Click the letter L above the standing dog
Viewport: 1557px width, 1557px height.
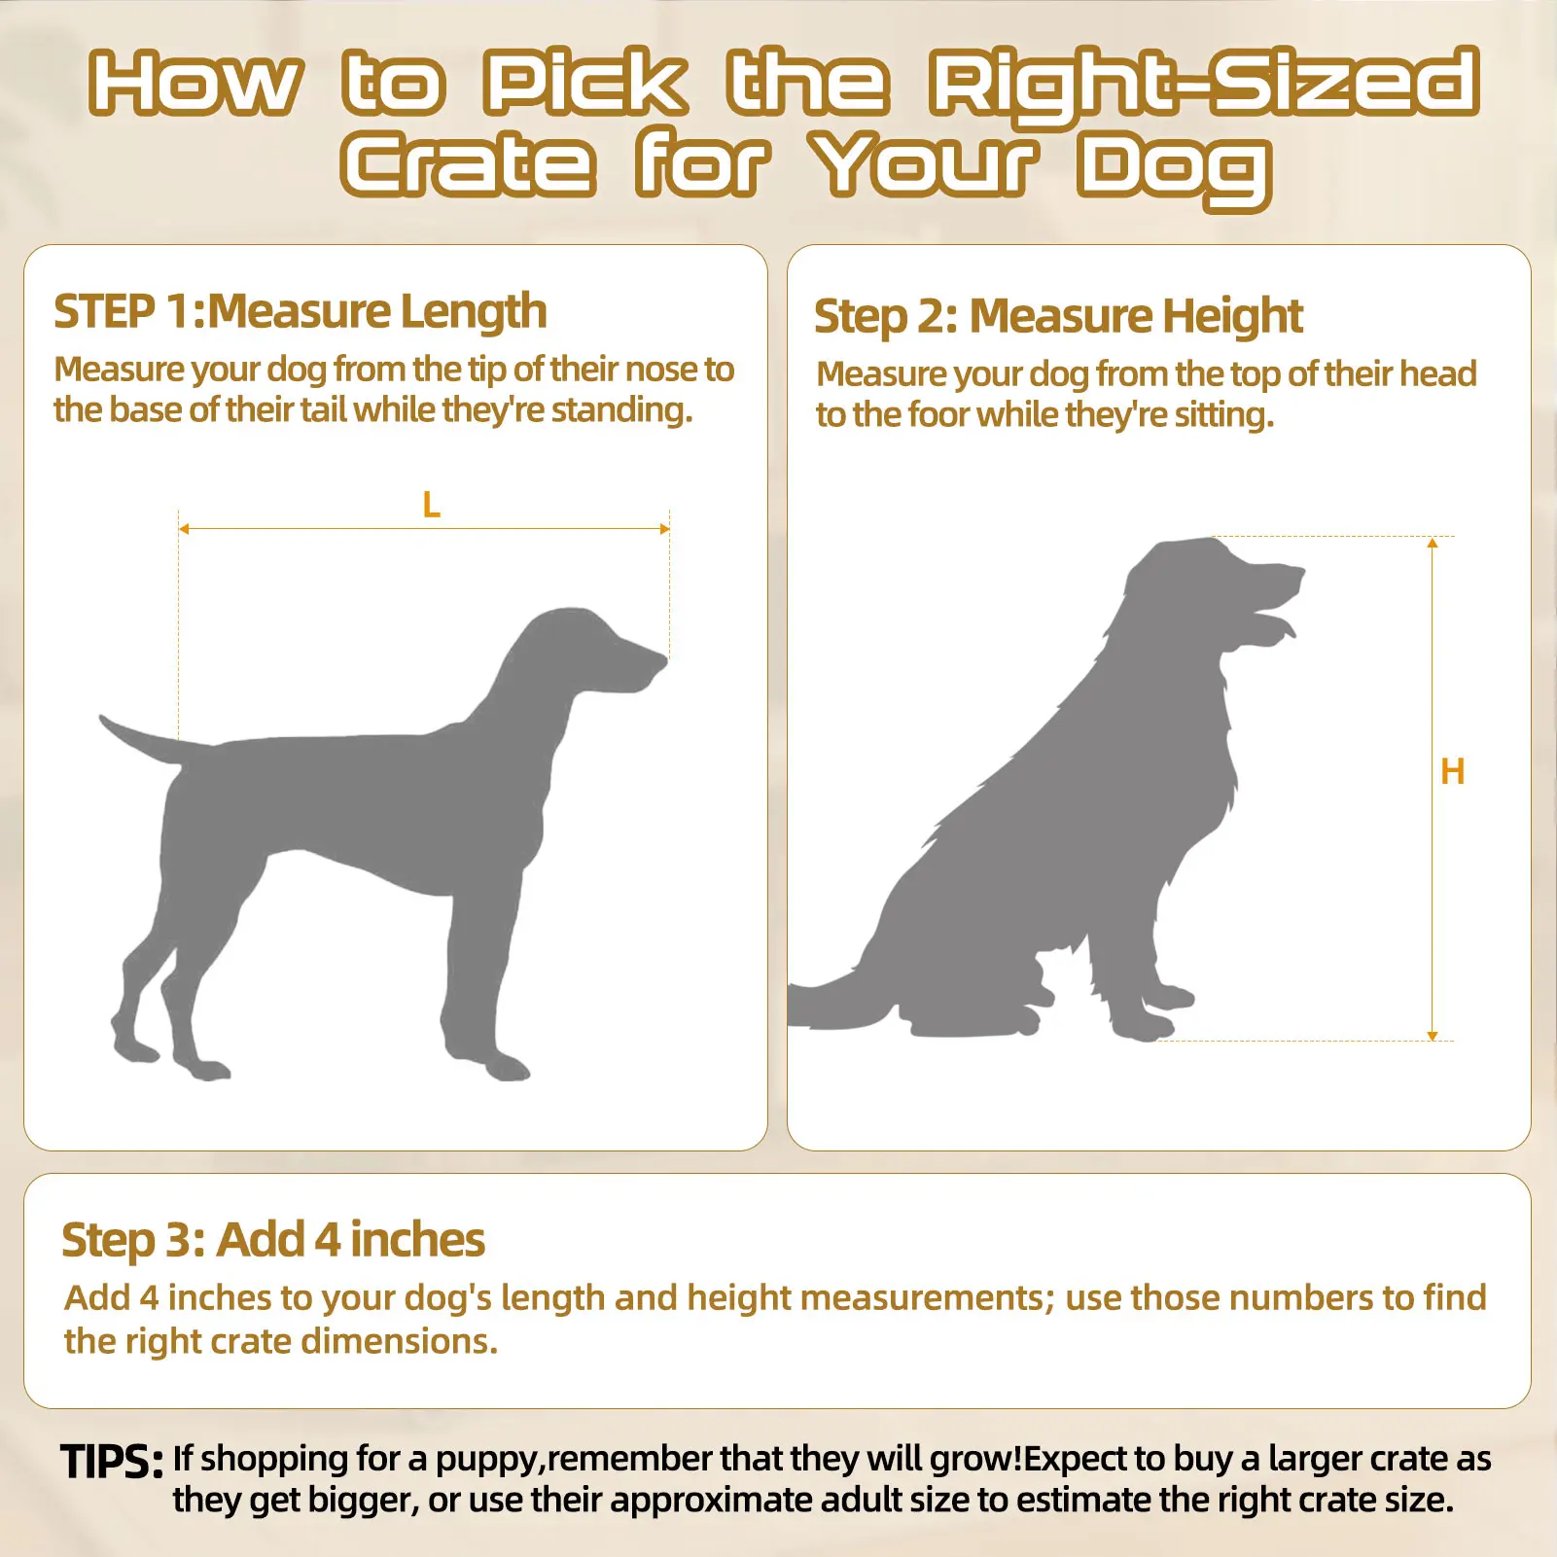(432, 505)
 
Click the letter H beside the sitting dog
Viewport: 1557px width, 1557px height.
(1452, 772)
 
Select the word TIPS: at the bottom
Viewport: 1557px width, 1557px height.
(112, 1462)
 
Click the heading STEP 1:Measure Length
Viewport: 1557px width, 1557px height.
(300, 312)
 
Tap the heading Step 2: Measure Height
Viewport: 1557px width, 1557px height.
(1058, 317)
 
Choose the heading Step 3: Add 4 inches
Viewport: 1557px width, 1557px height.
(273, 1240)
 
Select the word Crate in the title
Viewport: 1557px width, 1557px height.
(468, 164)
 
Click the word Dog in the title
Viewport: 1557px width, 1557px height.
(1174, 169)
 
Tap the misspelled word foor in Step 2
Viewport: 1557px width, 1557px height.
(940, 415)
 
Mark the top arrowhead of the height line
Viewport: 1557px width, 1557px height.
(1433, 543)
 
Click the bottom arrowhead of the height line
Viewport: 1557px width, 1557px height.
(1433, 1036)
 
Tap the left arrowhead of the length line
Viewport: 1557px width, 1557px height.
(184, 529)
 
